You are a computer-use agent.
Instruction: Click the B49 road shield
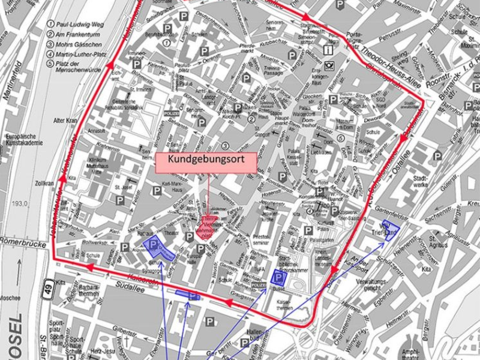pyautogui.click(x=47, y=291)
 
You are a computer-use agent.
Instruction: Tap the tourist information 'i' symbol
pyautogui.click(x=328, y=51)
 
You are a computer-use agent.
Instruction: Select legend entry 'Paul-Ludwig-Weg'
pyautogui.click(x=75, y=25)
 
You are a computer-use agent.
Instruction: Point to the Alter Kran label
pyautogui.click(x=66, y=119)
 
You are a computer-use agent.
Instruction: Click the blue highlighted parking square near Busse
pyautogui.click(x=278, y=277)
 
